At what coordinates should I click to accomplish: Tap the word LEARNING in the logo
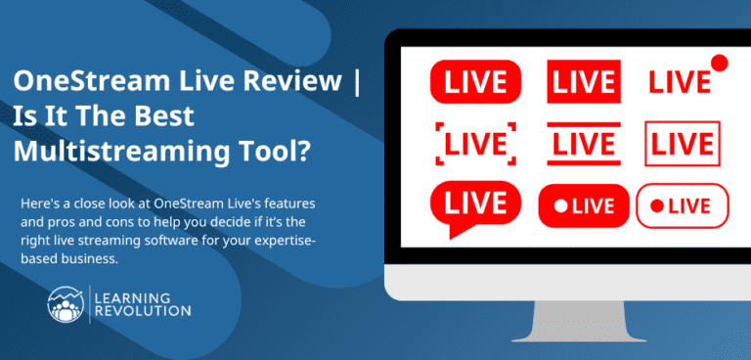(131, 295)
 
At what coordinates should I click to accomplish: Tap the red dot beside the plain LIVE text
(719, 64)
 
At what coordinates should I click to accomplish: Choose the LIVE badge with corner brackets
(476, 145)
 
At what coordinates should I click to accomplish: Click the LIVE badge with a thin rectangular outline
(683, 145)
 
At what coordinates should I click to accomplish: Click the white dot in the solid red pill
(559, 206)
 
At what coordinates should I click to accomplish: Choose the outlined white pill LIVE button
(683, 205)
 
